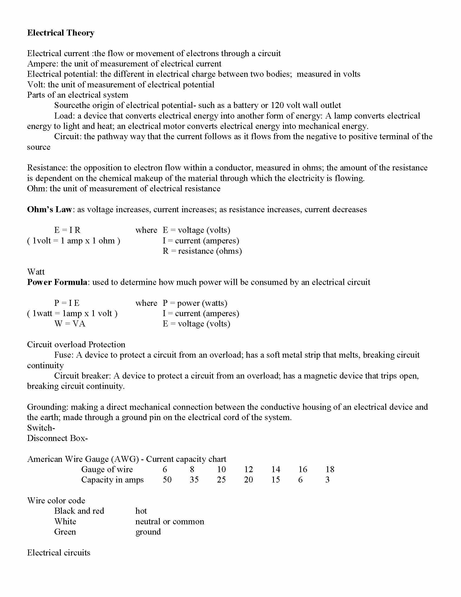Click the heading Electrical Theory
click(61, 33)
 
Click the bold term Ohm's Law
click(49, 209)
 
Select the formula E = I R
click(67, 230)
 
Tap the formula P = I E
click(67, 303)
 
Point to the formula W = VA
click(70, 324)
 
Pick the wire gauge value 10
click(221, 469)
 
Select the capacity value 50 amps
click(167, 480)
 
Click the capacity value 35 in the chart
click(194, 480)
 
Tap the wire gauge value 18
click(330, 469)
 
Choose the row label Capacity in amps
click(112, 480)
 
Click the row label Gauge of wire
click(107, 469)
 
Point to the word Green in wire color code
click(65, 532)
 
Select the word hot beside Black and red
click(141, 511)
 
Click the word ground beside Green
click(148, 532)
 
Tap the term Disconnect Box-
click(57, 438)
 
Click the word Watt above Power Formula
click(36, 272)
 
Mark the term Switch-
click(41, 428)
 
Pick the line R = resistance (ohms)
click(202, 251)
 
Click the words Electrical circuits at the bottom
click(59, 552)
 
